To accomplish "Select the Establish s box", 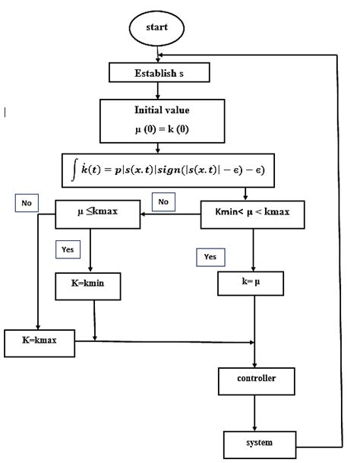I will click(x=158, y=73).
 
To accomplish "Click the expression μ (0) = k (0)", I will click(x=157, y=129).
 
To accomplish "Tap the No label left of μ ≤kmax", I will click(x=25, y=204).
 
